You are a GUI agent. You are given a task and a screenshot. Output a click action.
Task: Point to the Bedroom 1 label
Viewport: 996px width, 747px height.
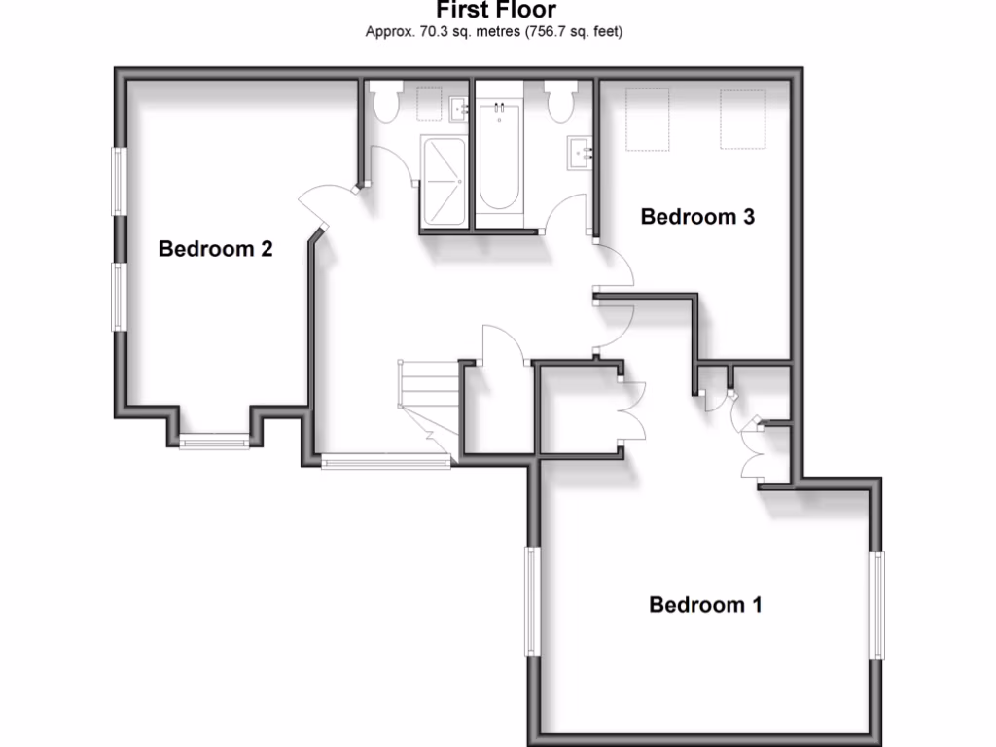(x=705, y=605)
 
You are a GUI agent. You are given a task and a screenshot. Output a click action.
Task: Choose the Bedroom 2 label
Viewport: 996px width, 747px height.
(x=215, y=249)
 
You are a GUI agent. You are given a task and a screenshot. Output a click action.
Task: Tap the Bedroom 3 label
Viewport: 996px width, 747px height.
(x=697, y=217)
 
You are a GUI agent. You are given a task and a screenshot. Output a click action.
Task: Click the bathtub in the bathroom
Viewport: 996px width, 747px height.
(x=499, y=156)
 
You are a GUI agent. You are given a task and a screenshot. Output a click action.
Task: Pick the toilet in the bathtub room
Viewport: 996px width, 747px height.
(x=561, y=102)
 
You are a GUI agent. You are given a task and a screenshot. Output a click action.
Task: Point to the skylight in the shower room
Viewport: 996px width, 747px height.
(x=428, y=101)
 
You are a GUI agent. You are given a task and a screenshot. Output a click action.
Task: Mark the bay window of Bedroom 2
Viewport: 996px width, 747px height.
(x=214, y=441)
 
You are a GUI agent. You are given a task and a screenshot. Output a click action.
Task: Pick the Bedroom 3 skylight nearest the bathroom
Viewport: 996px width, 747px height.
(x=646, y=119)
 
